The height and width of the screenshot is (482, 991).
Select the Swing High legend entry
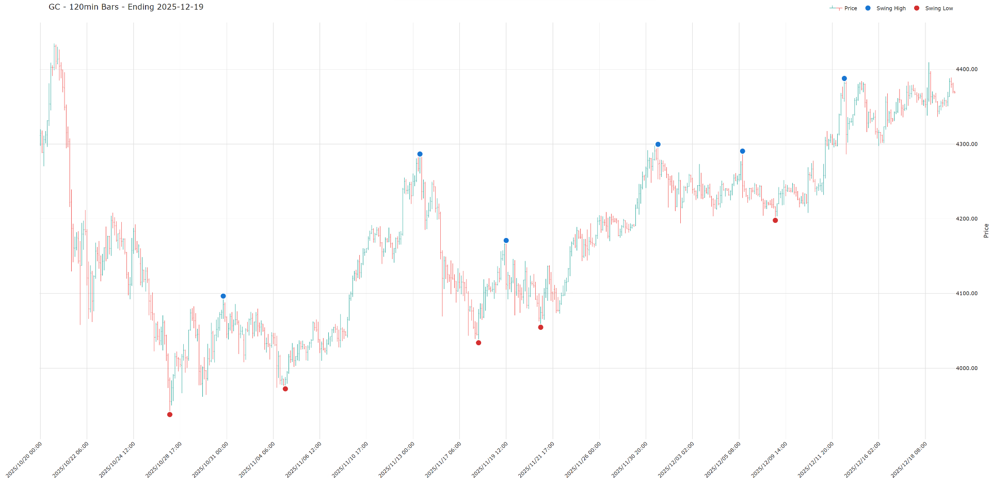coord(890,8)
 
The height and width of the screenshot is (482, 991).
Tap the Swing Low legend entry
coord(938,8)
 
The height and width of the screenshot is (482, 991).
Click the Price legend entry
coord(850,8)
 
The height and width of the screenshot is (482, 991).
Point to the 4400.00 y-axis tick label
coord(966,69)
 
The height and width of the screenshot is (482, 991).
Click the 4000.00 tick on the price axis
coord(966,368)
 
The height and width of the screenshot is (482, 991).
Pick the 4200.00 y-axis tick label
coord(966,219)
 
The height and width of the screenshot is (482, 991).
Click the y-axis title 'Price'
coord(986,230)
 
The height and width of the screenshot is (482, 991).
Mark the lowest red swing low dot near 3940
coord(170,414)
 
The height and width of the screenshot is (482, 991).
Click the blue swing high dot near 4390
coord(844,78)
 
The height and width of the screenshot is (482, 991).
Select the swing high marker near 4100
coord(223,296)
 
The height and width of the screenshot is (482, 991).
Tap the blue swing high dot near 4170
coord(506,240)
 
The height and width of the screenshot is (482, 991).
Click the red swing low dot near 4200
coord(775,220)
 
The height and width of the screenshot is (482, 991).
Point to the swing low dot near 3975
coord(285,389)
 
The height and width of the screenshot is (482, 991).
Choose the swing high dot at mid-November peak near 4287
coord(420,154)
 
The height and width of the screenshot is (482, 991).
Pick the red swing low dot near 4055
coord(540,327)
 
